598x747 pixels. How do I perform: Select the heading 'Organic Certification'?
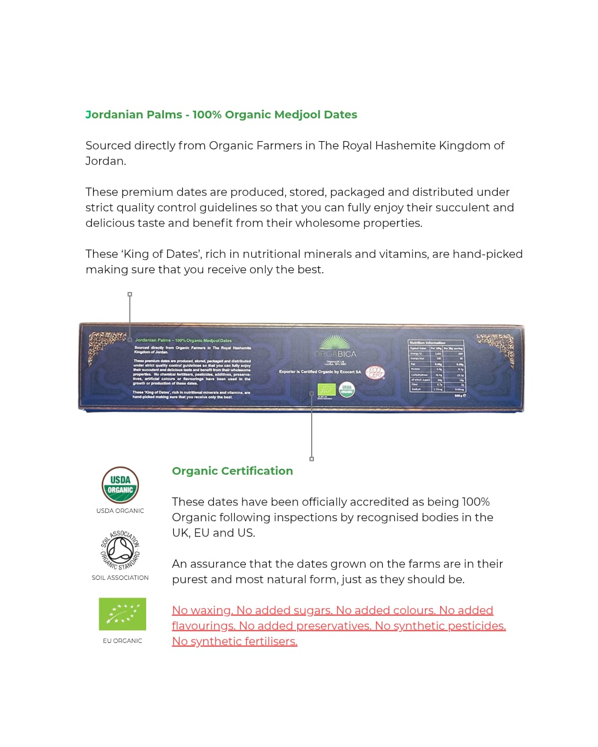tap(232, 471)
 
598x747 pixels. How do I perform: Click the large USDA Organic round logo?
tap(120, 485)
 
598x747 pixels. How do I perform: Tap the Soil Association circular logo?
tap(120, 550)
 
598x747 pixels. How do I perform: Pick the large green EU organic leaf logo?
tap(122, 614)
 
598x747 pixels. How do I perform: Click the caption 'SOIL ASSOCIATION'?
tap(120, 578)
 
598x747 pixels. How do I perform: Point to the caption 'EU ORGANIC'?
tap(122, 641)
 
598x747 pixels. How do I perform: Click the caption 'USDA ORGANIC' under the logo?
tap(120, 511)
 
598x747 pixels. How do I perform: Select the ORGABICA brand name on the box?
tap(335, 354)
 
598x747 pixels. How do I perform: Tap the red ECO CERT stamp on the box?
tap(375, 372)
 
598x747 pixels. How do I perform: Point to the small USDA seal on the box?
tap(347, 390)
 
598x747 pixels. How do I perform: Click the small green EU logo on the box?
tap(326, 390)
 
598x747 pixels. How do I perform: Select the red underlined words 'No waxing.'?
tap(202, 610)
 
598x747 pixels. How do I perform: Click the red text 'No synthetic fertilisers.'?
tap(234, 641)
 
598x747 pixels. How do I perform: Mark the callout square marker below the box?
tap(312, 459)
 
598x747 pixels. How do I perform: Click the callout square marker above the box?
tap(130, 294)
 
